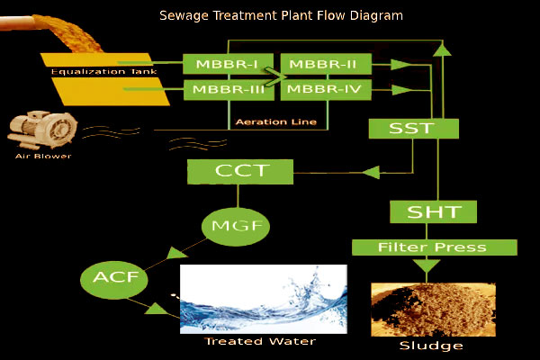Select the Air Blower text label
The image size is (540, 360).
pos(40,156)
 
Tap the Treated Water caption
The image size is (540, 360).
pos(248,342)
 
